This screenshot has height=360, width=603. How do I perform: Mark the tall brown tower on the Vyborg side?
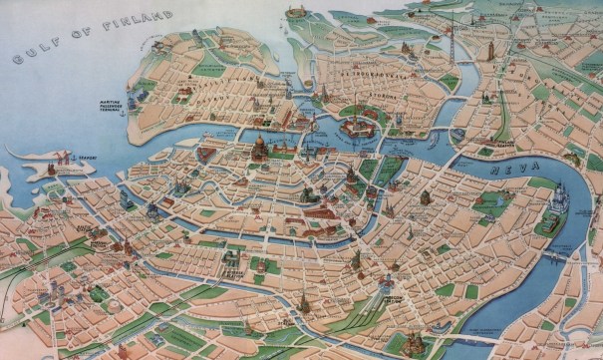(488, 49)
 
